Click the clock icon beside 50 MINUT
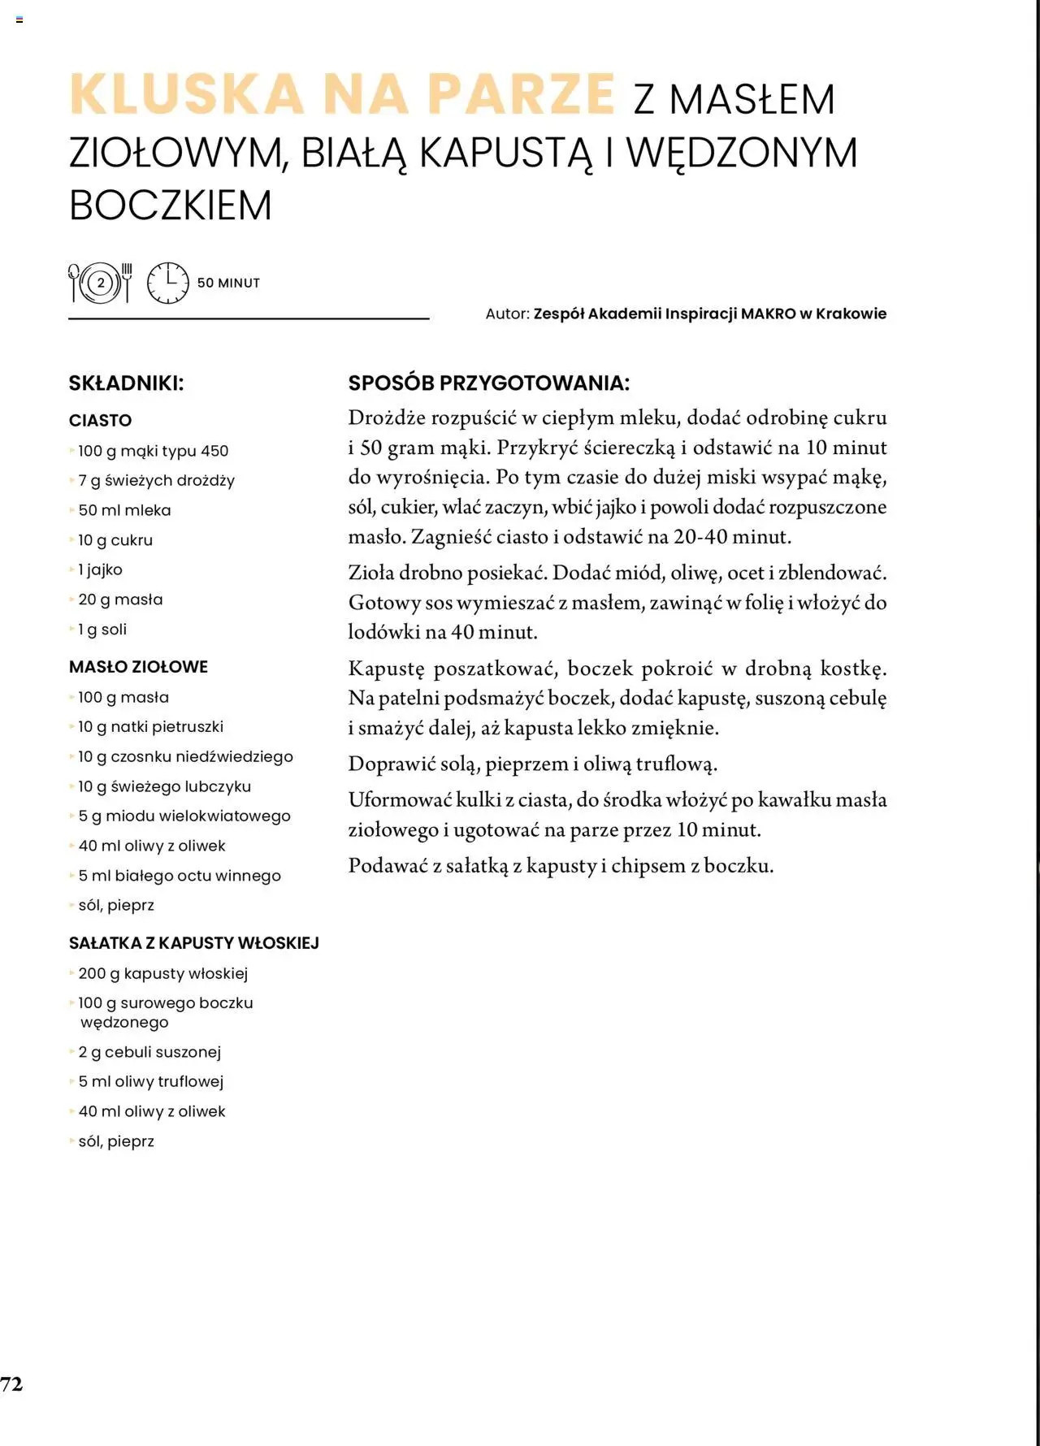(x=167, y=283)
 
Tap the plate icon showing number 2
(x=101, y=283)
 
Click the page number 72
(x=11, y=1383)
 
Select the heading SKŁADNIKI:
(x=126, y=383)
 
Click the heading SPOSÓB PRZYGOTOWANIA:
(x=488, y=383)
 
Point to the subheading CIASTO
(x=100, y=421)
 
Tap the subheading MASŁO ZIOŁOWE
(x=138, y=667)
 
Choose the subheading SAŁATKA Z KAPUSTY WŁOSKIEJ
(x=193, y=943)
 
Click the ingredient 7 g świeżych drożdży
(x=156, y=481)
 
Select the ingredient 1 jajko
(x=100, y=570)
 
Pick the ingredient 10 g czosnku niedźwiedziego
(x=185, y=757)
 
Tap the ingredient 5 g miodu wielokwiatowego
(x=184, y=816)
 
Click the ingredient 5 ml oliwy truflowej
(x=150, y=1082)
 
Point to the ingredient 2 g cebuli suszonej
(x=149, y=1052)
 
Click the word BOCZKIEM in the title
(x=171, y=205)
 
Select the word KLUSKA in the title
(x=187, y=94)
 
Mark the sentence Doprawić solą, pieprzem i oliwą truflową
(x=533, y=764)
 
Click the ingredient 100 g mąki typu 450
(x=153, y=451)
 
